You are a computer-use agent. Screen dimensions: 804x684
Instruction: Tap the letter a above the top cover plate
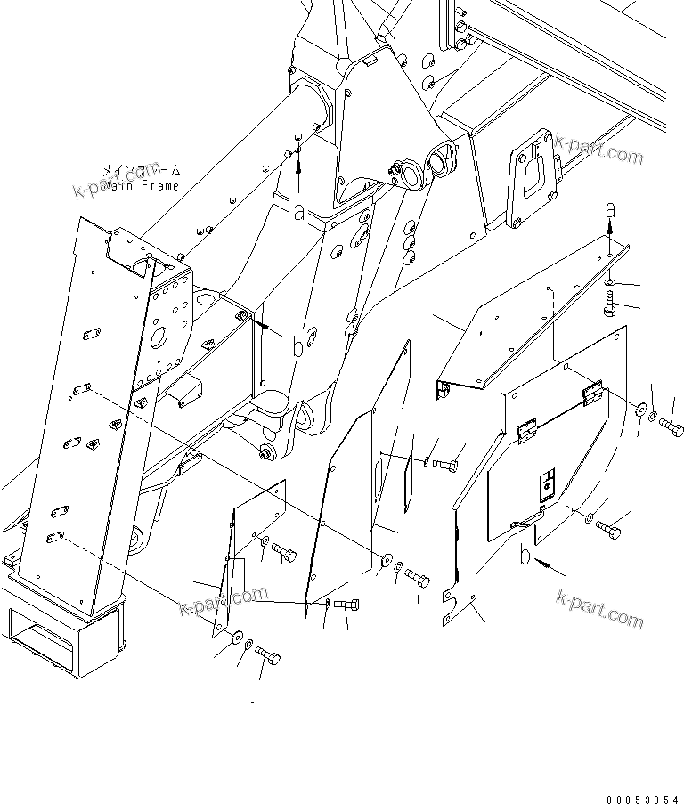point(610,210)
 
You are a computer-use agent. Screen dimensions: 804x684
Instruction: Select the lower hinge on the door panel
point(526,432)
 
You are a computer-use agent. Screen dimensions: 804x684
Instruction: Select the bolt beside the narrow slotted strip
point(446,465)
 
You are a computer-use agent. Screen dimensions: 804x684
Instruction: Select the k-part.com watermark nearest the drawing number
point(598,610)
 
